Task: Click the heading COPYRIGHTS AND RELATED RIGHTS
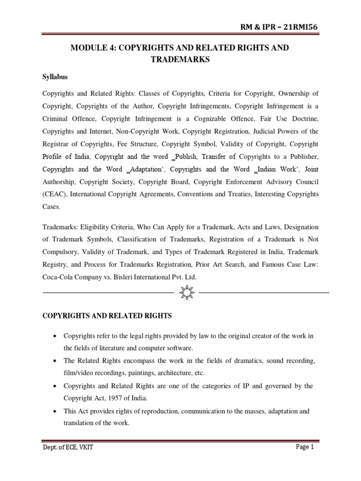coord(107,316)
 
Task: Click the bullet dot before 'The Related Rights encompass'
coord(55,361)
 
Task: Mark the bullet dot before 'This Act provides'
coord(55,411)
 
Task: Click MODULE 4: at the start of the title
coord(90,48)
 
